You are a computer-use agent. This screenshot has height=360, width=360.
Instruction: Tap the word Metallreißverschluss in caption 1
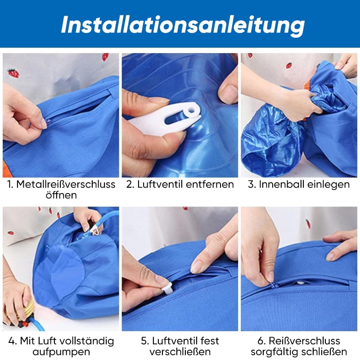pos(66,184)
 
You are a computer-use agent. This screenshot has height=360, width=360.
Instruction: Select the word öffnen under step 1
pos(61,195)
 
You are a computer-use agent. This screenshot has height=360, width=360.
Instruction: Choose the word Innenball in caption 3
pos(282,184)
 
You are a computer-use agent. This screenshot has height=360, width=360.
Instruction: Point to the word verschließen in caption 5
pos(180,352)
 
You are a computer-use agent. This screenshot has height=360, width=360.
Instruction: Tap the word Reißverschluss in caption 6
pos(305,341)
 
